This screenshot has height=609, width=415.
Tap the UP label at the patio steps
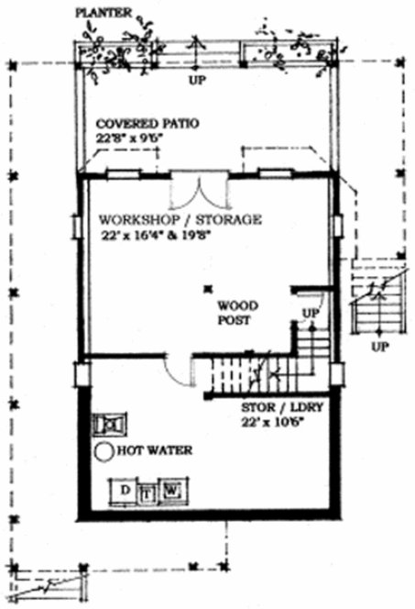[x=194, y=80]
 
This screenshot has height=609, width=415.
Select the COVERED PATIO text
[x=148, y=123]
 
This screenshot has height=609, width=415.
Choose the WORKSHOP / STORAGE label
[x=180, y=220]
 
